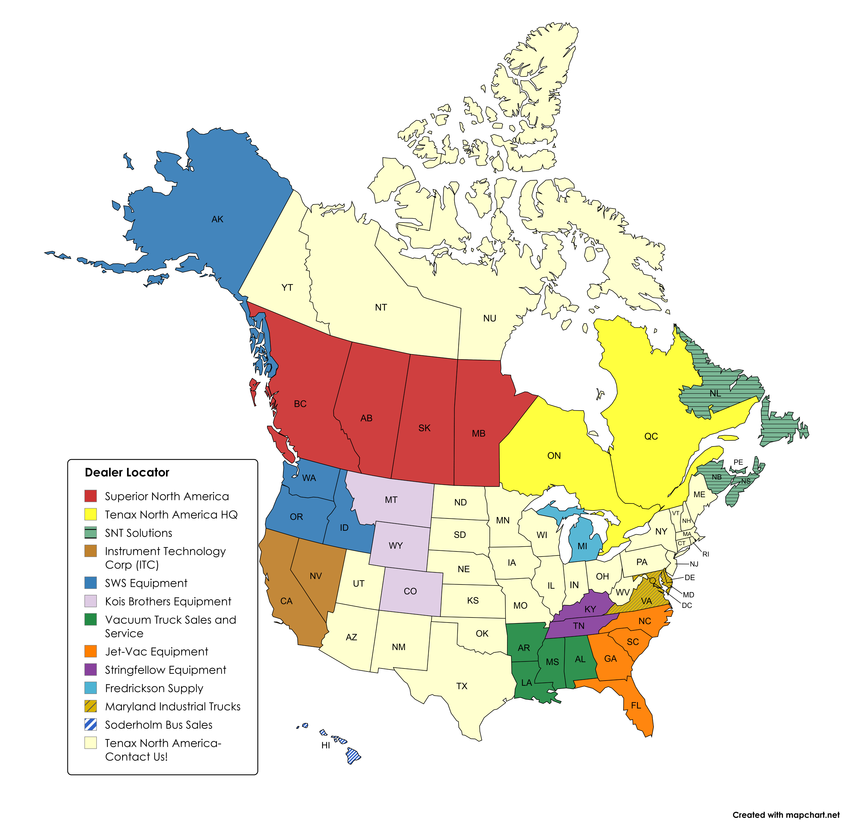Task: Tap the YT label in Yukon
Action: (x=287, y=288)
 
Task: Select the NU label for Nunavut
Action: (x=490, y=318)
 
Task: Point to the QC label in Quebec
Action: (x=651, y=436)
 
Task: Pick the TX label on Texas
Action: (x=462, y=686)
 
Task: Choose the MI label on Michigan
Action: (x=582, y=546)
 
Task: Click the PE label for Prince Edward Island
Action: (x=738, y=462)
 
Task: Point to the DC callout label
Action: (x=687, y=606)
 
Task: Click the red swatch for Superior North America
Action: (x=91, y=496)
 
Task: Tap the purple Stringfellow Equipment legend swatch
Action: (x=91, y=670)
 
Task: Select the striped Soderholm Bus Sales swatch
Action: (x=91, y=725)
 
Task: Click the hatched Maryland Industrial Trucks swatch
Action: (x=91, y=706)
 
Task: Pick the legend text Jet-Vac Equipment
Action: (x=157, y=652)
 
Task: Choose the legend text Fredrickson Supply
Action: (x=154, y=688)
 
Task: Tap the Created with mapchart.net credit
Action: (x=786, y=815)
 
